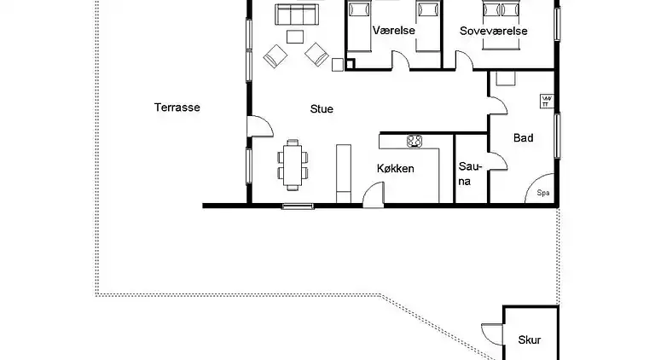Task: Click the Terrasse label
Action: (x=177, y=107)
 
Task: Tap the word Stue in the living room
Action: (x=322, y=109)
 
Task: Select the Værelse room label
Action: (x=393, y=31)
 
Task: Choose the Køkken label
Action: (x=395, y=169)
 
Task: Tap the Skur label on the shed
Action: (x=530, y=340)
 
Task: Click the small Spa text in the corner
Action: (x=542, y=193)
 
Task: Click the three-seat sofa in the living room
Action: (x=295, y=14)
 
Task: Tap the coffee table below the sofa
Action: (x=295, y=37)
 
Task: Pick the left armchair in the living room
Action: (x=275, y=56)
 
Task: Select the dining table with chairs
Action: (x=293, y=164)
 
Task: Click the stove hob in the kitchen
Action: (x=415, y=141)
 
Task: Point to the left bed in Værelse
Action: (x=359, y=26)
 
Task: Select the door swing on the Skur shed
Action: (x=490, y=335)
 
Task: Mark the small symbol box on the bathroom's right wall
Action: (x=546, y=101)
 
